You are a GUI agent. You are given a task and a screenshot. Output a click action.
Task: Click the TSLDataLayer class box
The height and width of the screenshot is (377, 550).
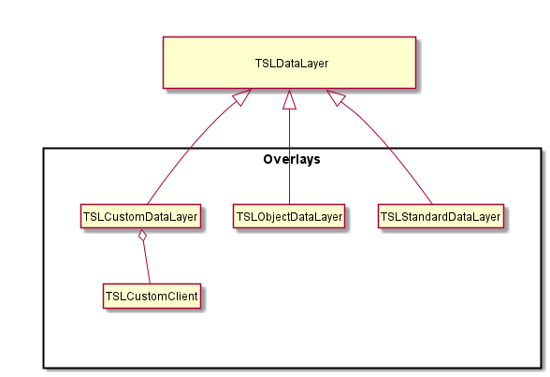point(289,63)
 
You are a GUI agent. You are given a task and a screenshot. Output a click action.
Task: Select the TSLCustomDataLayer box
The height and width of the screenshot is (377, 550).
point(140,216)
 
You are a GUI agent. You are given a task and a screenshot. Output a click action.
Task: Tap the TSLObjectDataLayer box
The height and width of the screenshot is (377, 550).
point(289,216)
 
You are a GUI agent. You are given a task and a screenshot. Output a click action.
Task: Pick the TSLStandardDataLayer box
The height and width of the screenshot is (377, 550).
point(441,216)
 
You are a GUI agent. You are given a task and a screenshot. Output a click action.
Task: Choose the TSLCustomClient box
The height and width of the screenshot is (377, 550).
point(152,296)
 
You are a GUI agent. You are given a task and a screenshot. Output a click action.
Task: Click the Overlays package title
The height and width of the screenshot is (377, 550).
point(292,159)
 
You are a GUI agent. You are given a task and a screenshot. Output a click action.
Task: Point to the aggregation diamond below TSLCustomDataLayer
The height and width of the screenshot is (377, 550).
point(142,236)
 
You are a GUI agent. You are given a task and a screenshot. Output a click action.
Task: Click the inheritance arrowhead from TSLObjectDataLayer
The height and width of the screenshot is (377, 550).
point(289,99)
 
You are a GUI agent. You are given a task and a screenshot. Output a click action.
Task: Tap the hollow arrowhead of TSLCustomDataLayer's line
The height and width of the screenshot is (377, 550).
point(242,97)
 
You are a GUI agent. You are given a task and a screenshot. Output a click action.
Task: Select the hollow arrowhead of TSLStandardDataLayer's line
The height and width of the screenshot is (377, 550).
point(336,97)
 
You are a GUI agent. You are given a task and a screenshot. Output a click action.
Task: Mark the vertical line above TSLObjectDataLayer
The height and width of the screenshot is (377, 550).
point(289,157)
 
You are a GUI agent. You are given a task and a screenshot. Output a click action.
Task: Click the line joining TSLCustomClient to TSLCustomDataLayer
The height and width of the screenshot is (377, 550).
point(147,263)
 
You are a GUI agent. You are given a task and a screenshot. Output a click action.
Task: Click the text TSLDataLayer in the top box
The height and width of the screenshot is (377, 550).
point(292,64)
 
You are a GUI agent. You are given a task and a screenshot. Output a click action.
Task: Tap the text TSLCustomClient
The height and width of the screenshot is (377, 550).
point(152,297)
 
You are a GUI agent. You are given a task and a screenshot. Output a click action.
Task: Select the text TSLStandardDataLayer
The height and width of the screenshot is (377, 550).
point(441,217)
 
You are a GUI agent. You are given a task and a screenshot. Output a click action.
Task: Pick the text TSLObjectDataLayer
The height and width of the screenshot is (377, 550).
point(289,217)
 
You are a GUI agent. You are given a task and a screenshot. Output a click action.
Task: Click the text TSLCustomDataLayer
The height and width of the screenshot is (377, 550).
point(140,217)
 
